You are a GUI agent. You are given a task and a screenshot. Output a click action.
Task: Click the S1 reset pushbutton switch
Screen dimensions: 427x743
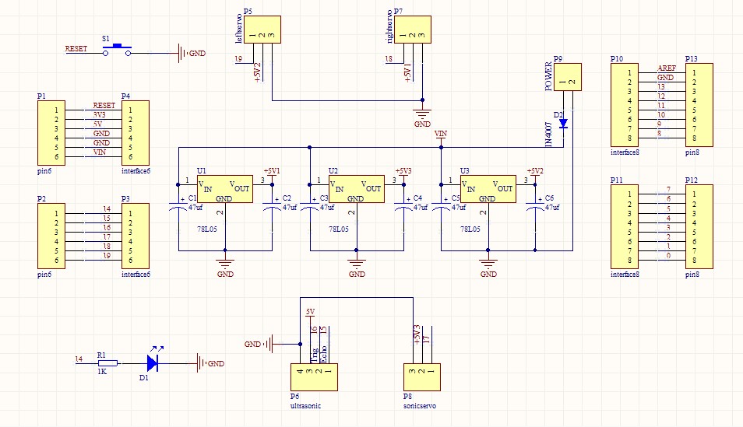[118, 49]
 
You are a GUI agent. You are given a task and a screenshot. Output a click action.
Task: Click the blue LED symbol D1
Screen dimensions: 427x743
[153, 362]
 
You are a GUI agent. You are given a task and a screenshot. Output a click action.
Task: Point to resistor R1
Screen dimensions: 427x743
[107, 362]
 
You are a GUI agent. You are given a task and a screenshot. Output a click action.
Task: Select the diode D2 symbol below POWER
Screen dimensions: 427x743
[563, 123]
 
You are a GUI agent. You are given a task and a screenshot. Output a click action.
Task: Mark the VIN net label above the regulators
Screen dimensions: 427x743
[441, 135]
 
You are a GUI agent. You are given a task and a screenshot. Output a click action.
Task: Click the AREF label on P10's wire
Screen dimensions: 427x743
[666, 68]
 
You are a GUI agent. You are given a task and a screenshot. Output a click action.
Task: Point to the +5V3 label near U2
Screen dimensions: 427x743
[403, 171]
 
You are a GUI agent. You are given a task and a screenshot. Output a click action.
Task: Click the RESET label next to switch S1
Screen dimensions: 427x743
[76, 48]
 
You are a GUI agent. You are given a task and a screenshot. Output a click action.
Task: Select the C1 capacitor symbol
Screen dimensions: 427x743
[178, 206]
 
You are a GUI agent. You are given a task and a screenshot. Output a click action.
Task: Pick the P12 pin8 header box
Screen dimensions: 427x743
[699, 228]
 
